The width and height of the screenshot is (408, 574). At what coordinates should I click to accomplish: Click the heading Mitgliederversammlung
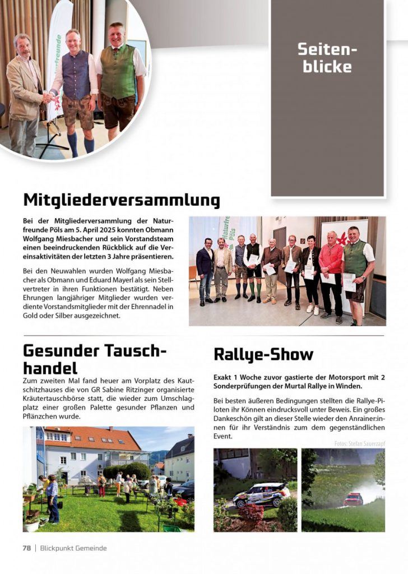tap(122, 200)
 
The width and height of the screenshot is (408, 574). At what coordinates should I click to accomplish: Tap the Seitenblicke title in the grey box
tap(327, 58)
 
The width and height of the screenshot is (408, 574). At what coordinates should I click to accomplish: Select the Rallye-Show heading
tap(263, 354)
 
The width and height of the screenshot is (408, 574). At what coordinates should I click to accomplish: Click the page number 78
tap(26, 548)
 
